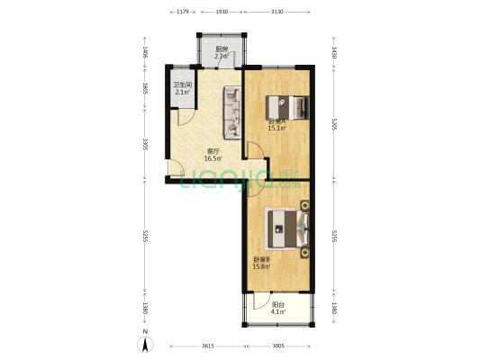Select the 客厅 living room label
coord(213,151)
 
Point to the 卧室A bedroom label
coord(276,121)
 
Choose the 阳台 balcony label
coord(280,305)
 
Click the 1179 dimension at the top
coord(181,12)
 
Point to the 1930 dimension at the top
coord(222,12)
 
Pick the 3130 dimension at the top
coord(277,12)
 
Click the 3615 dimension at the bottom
coord(207,346)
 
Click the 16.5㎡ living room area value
coord(213,158)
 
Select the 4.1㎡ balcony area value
coord(280,312)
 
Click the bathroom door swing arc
coord(184,116)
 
